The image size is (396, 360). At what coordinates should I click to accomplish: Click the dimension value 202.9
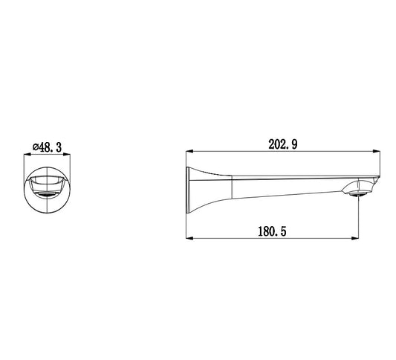[x=283, y=144]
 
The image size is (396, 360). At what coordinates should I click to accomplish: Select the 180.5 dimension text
[x=272, y=231]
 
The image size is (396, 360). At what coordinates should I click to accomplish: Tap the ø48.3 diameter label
[x=47, y=147]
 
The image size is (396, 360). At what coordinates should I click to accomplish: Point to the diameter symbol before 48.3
[x=36, y=147]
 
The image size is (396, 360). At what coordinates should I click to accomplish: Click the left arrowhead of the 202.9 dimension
[x=189, y=152]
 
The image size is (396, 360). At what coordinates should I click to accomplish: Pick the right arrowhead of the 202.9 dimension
[x=377, y=152]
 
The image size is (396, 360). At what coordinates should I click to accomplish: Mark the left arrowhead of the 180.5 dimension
[x=189, y=238]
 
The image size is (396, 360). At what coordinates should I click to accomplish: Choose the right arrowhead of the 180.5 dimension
[x=355, y=238]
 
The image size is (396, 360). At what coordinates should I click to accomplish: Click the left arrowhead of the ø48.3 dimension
[x=27, y=154]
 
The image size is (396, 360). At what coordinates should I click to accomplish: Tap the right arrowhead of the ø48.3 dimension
[x=67, y=154]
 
